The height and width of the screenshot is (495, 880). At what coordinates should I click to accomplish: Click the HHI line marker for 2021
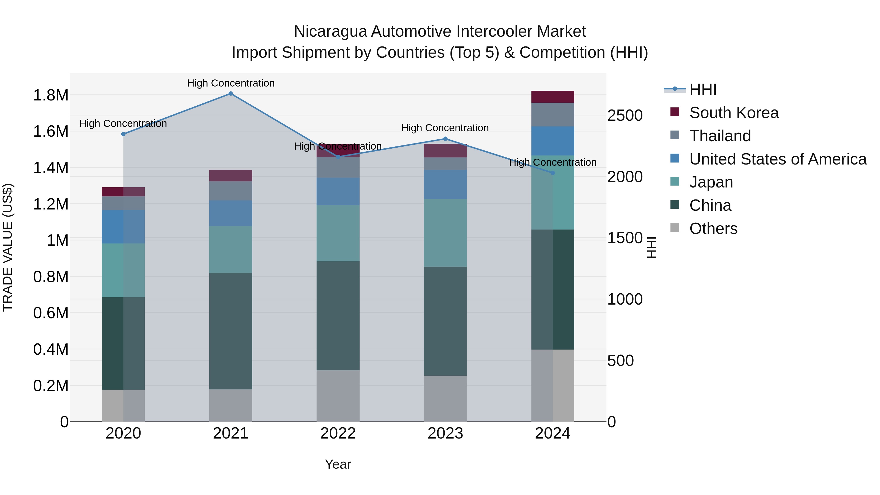(231, 94)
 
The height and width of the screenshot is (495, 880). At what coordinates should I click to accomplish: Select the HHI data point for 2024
(553, 173)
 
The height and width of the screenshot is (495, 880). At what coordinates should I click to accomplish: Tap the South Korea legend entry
(734, 113)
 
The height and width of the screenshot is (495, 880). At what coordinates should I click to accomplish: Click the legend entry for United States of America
(778, 159)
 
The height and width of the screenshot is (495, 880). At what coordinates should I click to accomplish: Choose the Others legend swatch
(675, 228)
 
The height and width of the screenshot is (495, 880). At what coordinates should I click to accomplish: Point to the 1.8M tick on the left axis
(51, 95)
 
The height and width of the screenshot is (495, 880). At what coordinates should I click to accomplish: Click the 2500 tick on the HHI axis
(625, 115)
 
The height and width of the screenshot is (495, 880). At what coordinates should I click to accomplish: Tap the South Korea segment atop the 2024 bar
(553, 97)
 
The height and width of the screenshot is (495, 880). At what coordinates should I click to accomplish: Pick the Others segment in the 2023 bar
(445, 398)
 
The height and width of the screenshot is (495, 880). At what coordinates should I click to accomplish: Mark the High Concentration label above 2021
(231, 83)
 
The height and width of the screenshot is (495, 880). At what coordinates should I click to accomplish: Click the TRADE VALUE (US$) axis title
(8, 247)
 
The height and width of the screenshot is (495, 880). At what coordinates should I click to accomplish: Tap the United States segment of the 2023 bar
(445, 185)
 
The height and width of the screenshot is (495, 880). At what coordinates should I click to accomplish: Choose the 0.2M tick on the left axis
(51, 386)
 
